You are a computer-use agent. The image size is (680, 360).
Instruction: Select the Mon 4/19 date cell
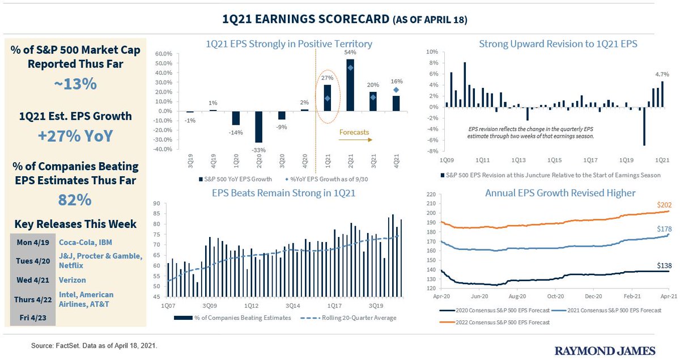(33, 242)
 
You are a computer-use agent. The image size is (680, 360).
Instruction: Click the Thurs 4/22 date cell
(33, 299)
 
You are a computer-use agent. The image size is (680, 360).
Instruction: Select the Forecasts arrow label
(354, 133)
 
